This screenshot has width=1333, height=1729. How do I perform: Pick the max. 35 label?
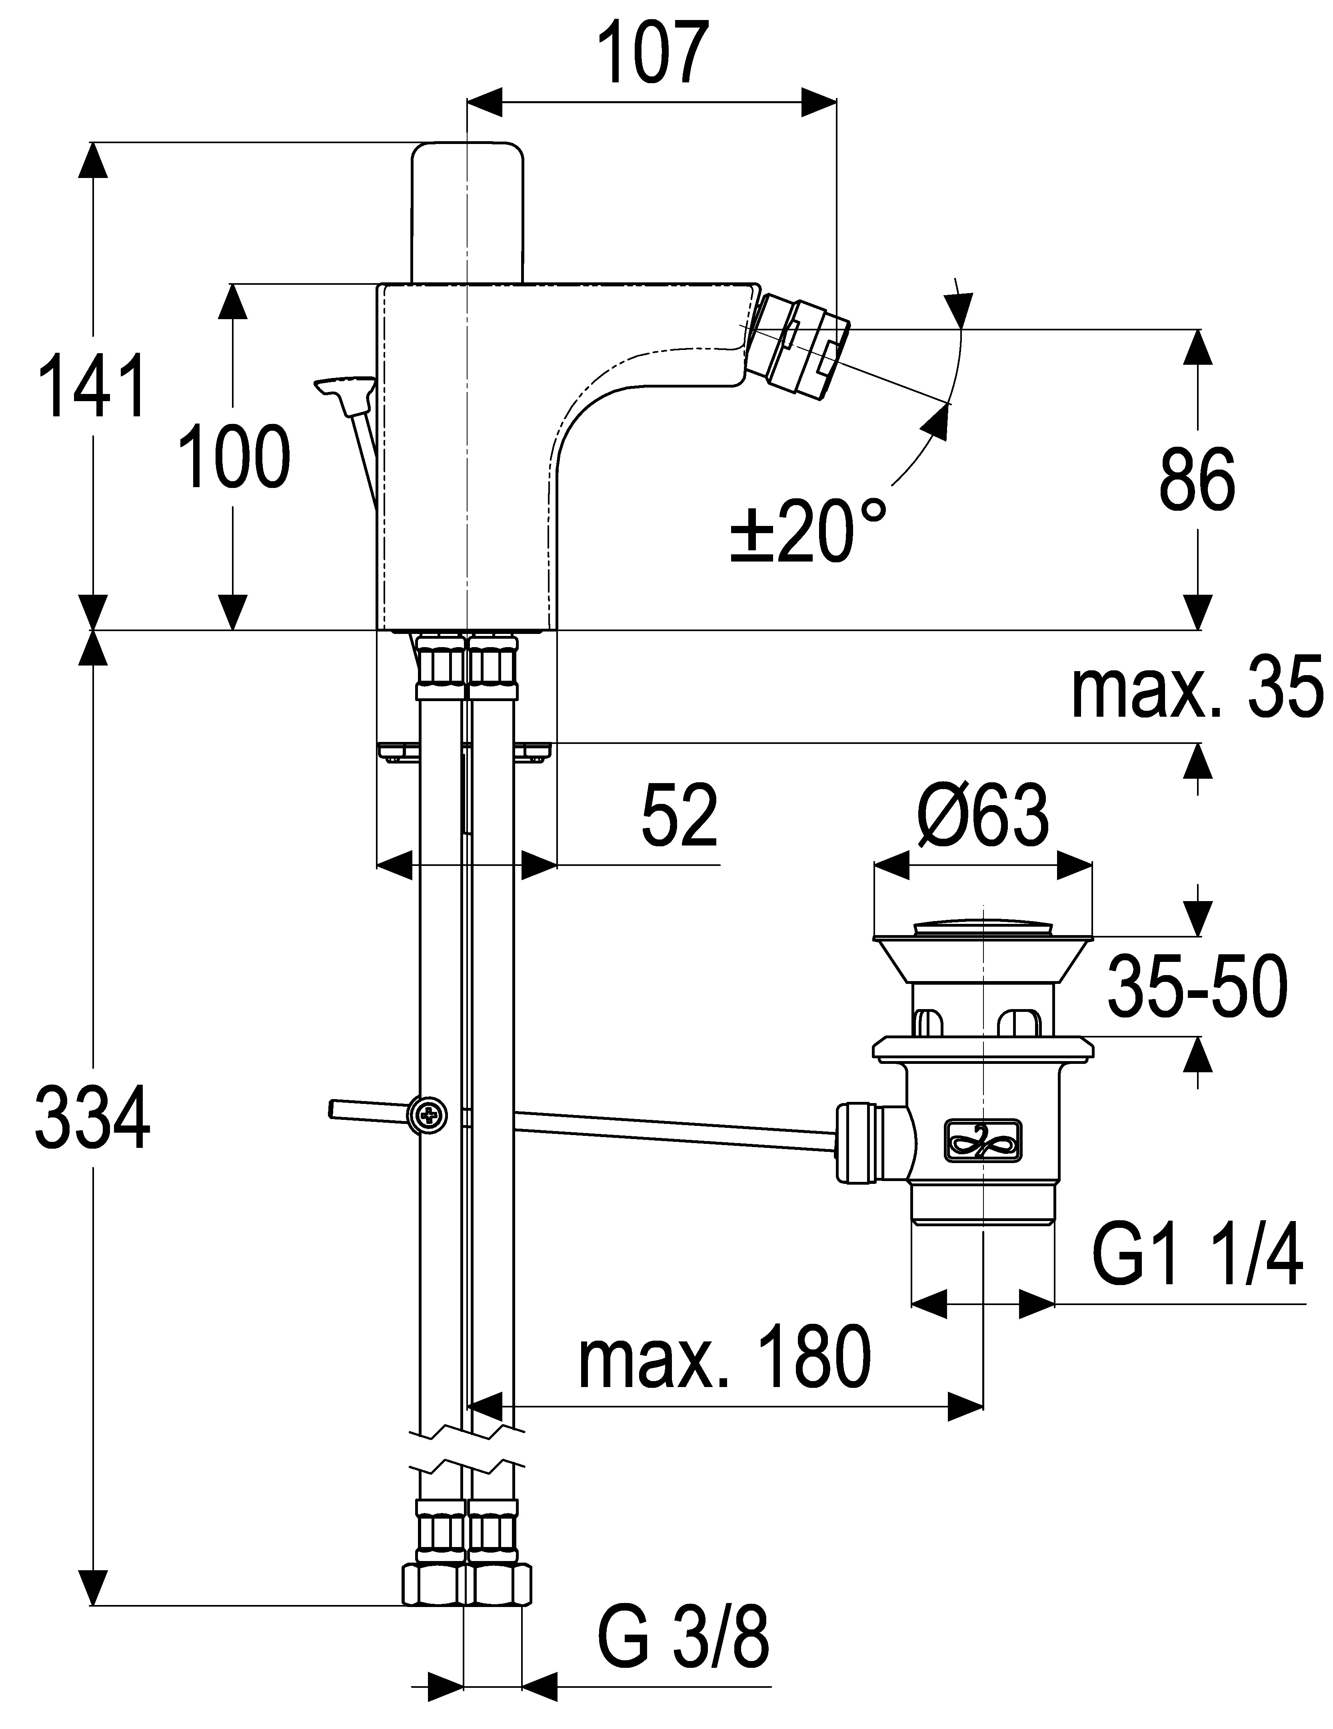click(x=1197, y=687)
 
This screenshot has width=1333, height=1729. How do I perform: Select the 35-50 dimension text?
click(x=1197, y=986)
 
